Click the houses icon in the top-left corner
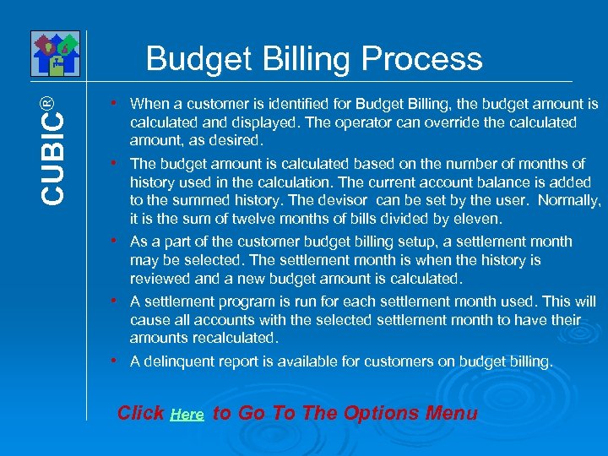click(56, 53)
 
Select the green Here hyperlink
click(187, 415)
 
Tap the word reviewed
click(160, 279)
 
